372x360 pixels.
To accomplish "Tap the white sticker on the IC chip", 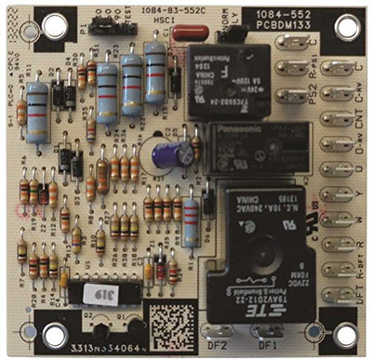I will click(x=95, y=296).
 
